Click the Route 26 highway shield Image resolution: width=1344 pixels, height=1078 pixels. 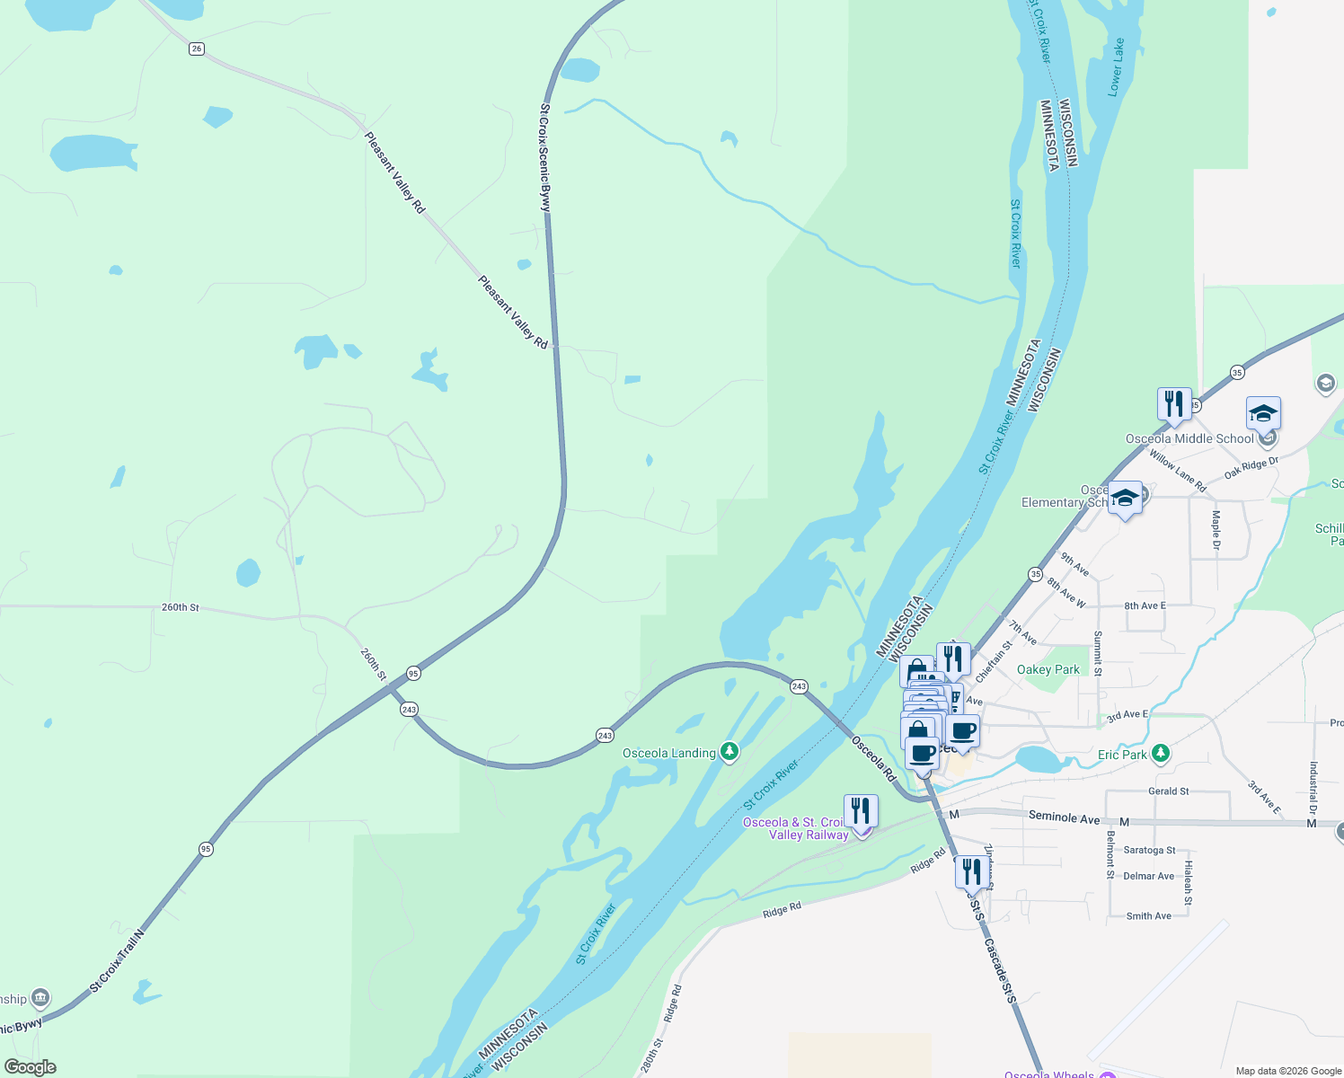(x=197, y=49)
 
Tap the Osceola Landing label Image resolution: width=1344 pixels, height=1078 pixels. (x=669, y=753)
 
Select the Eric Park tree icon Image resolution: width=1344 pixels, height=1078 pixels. (x=1161, y=753)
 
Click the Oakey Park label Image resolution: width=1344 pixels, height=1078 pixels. (x=1048, y=669)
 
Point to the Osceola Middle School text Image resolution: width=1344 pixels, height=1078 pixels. (x=1189, y=438)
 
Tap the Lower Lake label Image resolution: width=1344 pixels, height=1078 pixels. (x=1115, y=67)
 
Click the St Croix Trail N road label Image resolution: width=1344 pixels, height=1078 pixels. (x=117, y=960)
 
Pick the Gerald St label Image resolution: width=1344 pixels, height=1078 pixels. (x=1168, y=791)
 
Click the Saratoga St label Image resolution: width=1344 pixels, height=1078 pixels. (x=1149, y=850)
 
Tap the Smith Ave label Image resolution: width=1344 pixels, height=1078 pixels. (x=1148, y=916)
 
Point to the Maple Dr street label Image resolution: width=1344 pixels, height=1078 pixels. (x=1216, y=530)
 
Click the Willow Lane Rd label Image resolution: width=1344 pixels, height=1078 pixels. (x=1177, y=471)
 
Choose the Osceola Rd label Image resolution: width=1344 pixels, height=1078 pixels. (x=874, y=758)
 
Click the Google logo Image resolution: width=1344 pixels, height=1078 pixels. (x=30, y=1067)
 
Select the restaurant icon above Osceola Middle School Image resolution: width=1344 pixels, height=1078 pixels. (x=1174, y=405)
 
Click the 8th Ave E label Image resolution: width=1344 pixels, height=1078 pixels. (x=1145, y=605)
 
